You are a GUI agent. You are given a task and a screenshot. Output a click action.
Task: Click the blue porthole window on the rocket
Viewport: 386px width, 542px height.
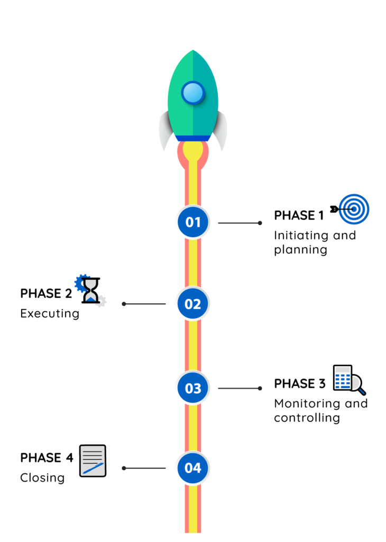tap(193, 93)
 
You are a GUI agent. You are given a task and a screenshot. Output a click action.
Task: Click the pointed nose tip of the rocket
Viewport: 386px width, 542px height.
tap(193, 51)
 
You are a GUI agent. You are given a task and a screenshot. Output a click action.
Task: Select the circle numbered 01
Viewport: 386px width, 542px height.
tap(193, 222)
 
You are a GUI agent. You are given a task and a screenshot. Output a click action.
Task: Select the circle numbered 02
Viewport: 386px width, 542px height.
tap(193, 304)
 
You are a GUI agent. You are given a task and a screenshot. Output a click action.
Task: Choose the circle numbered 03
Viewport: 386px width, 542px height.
tap(193, 388)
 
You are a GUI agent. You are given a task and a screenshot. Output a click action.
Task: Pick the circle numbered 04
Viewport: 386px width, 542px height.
tap(193, 468)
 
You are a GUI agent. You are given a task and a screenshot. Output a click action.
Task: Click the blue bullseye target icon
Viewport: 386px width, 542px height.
tap(354, 209)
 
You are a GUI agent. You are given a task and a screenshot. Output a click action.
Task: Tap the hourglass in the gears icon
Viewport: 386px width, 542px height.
tap(91, 291)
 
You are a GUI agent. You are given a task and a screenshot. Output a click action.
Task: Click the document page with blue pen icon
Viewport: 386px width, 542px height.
tap(93, 460)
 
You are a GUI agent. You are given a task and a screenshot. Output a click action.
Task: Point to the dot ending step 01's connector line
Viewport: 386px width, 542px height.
tap(260, 223)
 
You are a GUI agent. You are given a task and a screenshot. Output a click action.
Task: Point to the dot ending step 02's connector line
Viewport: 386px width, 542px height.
tap(124, 304)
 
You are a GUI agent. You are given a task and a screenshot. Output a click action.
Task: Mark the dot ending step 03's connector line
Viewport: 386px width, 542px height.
tap(260, 388)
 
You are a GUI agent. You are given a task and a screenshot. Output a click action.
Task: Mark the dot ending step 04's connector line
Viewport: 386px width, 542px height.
tap(124, 468)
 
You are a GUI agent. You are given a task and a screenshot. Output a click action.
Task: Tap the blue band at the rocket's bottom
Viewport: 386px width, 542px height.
tap(193, 139)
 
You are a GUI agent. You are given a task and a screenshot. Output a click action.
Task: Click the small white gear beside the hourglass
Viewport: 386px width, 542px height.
tap(101, 302)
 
